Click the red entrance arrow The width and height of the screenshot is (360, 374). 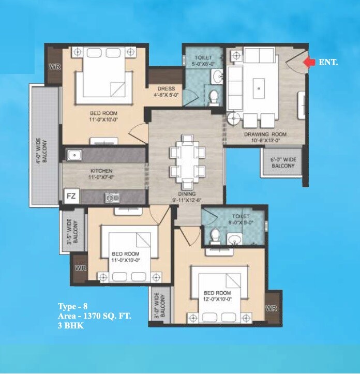[309, 63]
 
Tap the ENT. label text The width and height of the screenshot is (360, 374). [328, 63]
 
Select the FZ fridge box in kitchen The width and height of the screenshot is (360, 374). [71, 197]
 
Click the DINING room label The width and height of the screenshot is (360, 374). [185, 194]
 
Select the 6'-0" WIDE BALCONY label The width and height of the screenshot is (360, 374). [282, 163]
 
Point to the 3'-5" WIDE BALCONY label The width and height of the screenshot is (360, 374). [73, 230]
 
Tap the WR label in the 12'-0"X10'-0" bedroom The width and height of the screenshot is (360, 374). [271, 309]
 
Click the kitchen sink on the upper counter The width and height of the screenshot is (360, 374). [74, 155]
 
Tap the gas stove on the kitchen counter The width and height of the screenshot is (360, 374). [112, 197]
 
